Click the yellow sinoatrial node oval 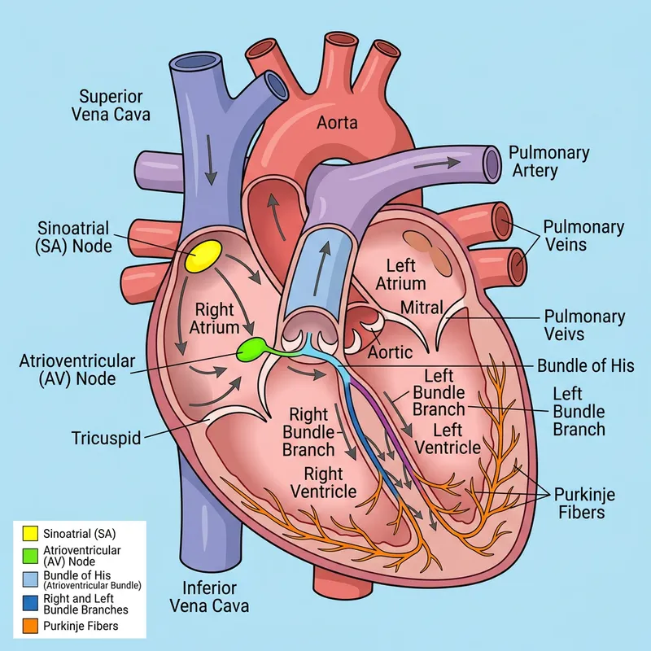[203, 256]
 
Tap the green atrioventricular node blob [252, 350]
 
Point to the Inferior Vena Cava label [209, 596]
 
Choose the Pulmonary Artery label [549, 161]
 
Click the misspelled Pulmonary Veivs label [583, 325]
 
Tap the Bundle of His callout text [585, 365]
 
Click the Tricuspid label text [107, 439]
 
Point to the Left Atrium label [406, 274]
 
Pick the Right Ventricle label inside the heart [330, 483]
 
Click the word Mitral [422, 308]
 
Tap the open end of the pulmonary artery [492, 162]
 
